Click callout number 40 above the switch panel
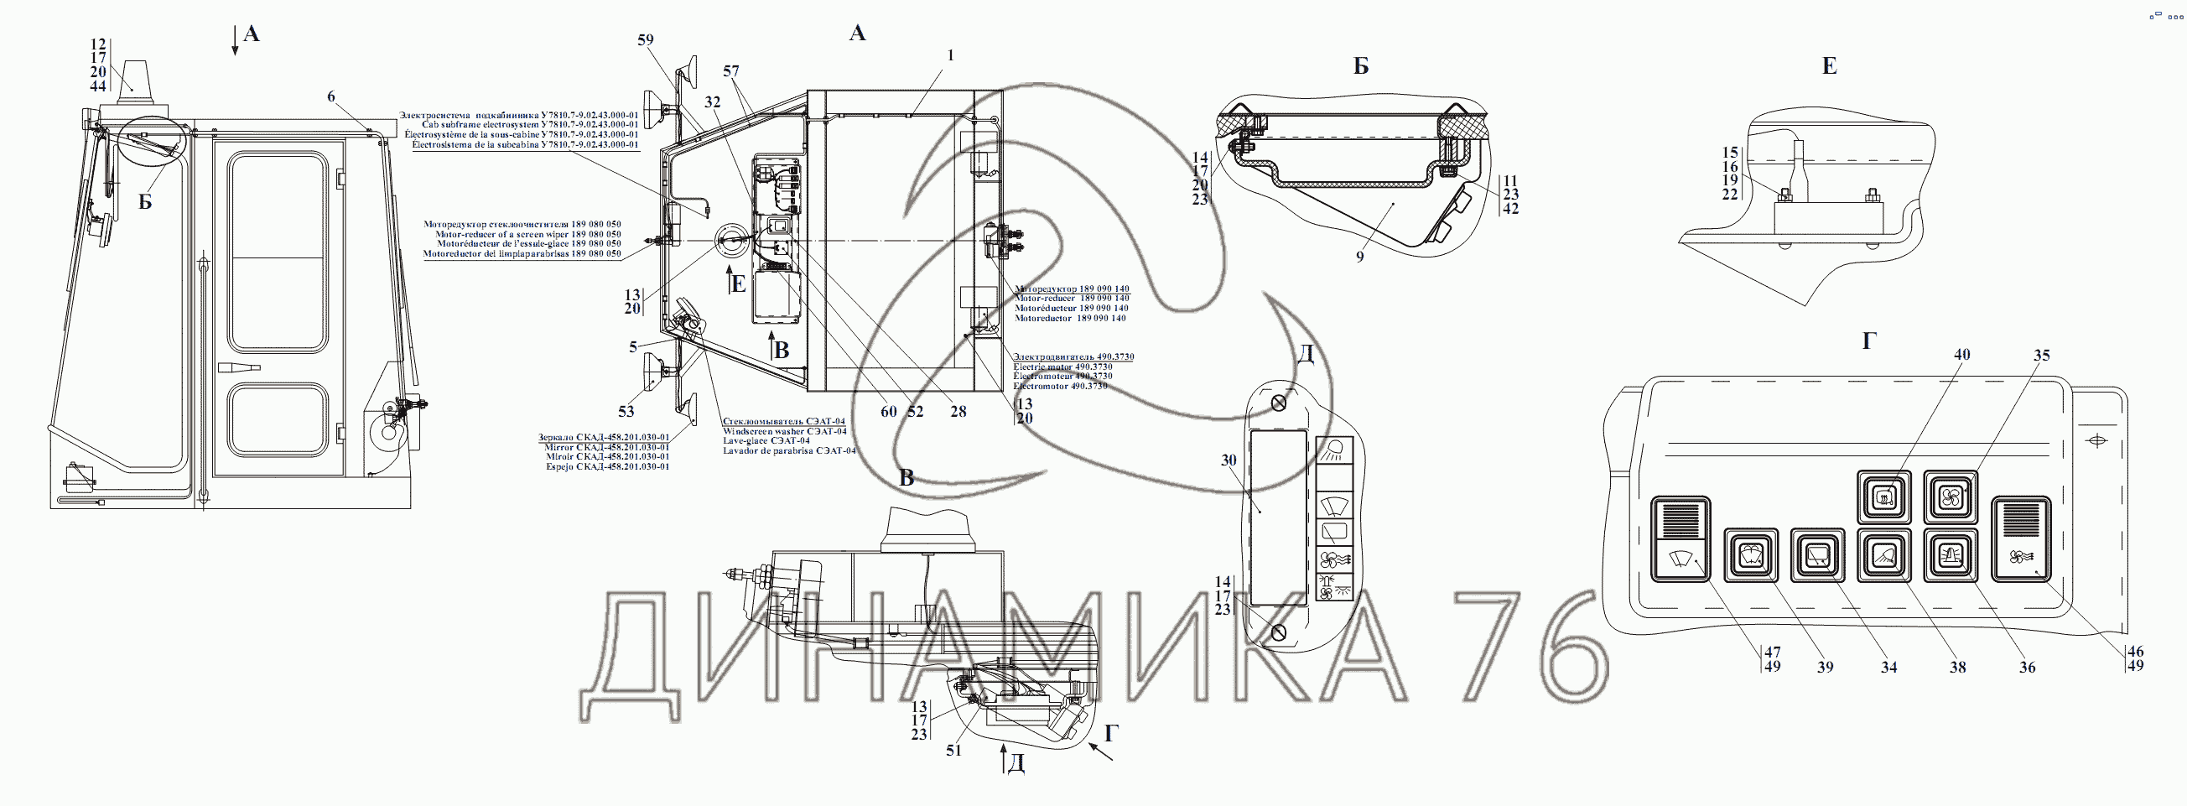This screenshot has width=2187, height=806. (x=1961, y=355)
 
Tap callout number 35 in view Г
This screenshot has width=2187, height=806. (x=2041, y=356)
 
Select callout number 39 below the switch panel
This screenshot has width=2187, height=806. (x=1826, y=668)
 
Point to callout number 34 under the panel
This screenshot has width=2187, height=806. (x=1888, y=668)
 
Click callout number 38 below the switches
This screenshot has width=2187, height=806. (x=1957, y=668)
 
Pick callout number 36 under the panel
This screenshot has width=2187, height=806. (x=2027, y=668)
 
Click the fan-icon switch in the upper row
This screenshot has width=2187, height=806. (x=1946, y=497)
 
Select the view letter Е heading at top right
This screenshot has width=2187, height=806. (x=1830, y=67)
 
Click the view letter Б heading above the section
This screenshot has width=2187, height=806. (x=1361, y=66)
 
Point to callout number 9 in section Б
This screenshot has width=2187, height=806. (x=1359, y=257)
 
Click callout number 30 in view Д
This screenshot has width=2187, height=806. (x=1229, y=460)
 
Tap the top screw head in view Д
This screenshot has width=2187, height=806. (x=1280, y=403)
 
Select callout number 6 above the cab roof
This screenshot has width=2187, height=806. (x=331, y=96)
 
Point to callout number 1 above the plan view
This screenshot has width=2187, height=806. (x=951, y=55)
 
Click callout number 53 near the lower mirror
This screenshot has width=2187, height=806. (x=626, y=412)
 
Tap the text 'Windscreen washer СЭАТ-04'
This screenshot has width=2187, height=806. (x=783, y=431)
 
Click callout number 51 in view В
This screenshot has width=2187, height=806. (x=954, y=751)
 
